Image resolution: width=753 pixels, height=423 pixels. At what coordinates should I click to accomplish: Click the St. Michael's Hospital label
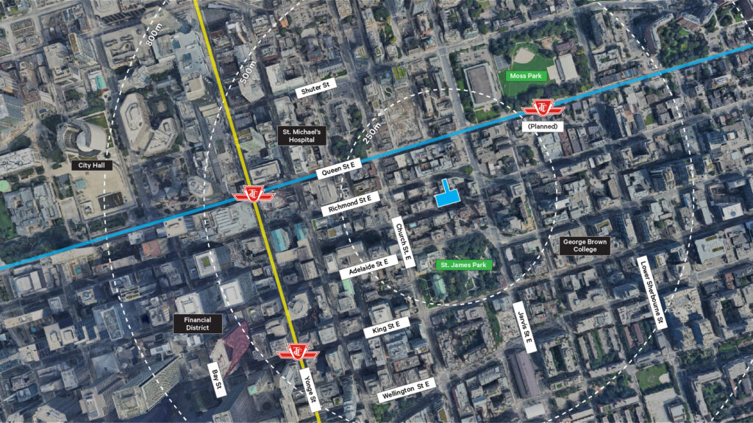click(x=301, y=135)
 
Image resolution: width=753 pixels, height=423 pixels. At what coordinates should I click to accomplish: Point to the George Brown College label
click(x=585, y=246)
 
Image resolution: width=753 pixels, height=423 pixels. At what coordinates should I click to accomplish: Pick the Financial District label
click(x=196, y=323)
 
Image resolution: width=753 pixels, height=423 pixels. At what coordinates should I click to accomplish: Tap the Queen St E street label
click(x=340, y=169)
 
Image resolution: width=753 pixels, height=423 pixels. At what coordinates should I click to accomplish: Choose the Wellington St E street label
click(x=407, y=390)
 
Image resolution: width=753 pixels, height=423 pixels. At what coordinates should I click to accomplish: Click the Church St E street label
click(x=402, y=244)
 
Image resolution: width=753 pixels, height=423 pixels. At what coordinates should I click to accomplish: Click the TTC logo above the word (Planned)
click(x=543, y=110)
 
